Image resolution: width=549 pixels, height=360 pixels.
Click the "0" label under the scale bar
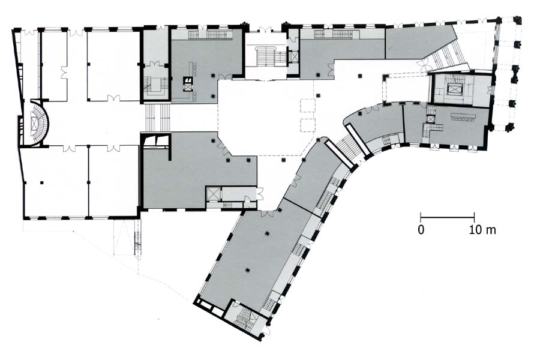tap(421, 230)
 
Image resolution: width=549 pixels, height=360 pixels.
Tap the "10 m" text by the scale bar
tap(482, 230)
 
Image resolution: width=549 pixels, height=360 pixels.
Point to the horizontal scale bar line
tap(448, 217)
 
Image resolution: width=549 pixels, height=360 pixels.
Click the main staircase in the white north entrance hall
tap(266, 55)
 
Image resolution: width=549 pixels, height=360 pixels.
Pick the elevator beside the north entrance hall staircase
tap(293, 56)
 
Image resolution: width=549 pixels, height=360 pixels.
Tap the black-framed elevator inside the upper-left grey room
tap(188, 85)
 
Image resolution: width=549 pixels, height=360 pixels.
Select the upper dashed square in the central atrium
tap(308, 105)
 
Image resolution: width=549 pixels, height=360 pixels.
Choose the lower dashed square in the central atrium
tap(308, 125)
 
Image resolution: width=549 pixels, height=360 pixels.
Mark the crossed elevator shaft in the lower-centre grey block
tap(212, 194)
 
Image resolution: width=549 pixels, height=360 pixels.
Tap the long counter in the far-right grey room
tap(464, 116)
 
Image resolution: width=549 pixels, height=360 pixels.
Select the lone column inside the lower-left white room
tap(42, 182)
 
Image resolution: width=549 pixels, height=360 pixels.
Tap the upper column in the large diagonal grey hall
tap(268, 233)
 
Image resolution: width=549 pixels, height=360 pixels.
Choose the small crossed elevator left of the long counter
tap(429, 119)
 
